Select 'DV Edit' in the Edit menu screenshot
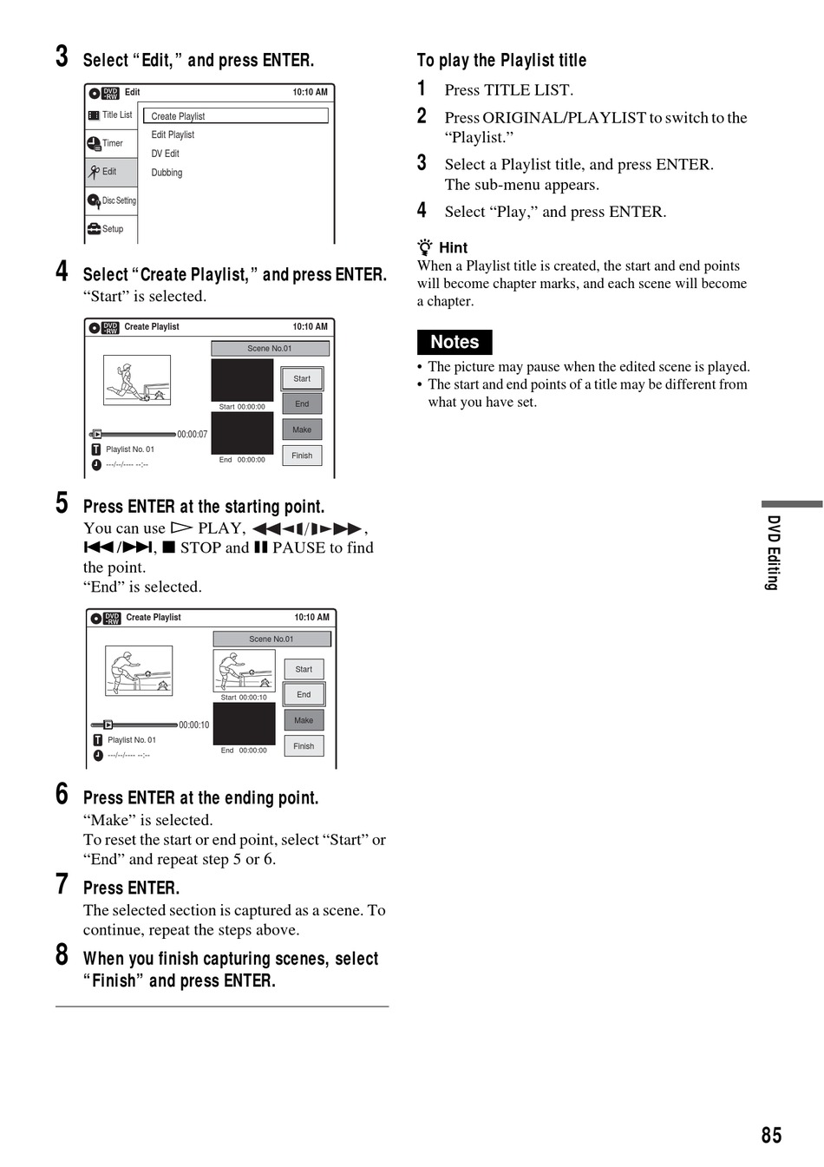click(165, 154)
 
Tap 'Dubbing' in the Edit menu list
click(167, 173)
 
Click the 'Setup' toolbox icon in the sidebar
click(94, 229)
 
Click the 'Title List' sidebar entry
click(110, 115)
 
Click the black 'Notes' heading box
click(455, 342)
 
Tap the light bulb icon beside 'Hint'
click(425, 246)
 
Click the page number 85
click(771, 1135)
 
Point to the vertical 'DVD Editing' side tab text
click(774, 552)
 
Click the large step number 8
click(62, 954)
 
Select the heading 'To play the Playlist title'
click(501, 60)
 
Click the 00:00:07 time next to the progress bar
click(193, 434)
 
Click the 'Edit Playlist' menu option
click(173, 134)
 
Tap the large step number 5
click(62, 502)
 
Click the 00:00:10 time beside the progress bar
click(193, 724)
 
